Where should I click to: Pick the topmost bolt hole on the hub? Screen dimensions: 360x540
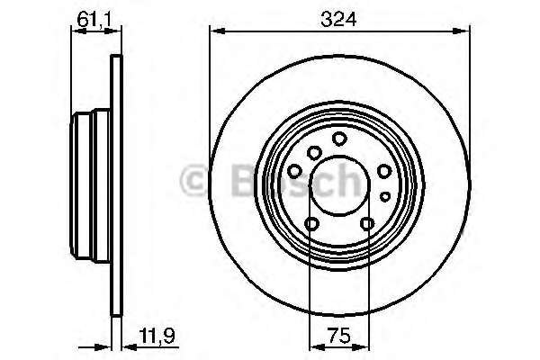click(339, 139)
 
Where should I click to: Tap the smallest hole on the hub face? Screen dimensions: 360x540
click(384, 195)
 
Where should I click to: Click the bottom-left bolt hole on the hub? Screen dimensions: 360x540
click(311, 224)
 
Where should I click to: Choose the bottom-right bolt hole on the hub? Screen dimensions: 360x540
click(367, 224)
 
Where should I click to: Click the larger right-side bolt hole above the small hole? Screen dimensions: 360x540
click(384, 171)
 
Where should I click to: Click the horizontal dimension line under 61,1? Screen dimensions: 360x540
click(94, 32)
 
